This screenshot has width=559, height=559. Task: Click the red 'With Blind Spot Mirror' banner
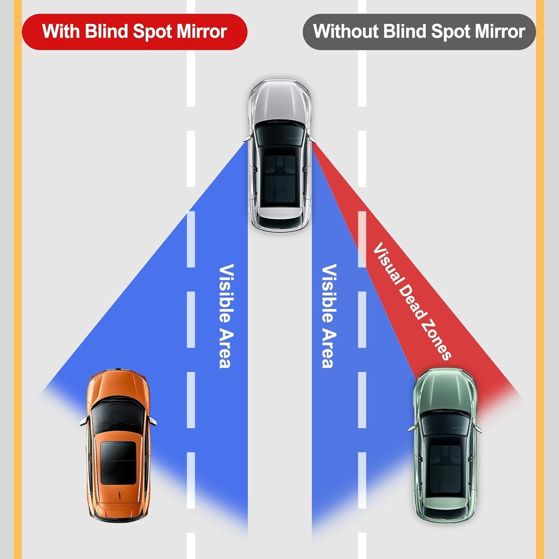(134, 32)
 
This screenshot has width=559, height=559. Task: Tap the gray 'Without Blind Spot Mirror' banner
(419, 32)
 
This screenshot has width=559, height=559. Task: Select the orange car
(118, 445)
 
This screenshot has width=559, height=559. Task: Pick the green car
(445, 445)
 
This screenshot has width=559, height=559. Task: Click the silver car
(279, 155)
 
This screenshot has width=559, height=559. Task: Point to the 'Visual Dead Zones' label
(412, 301)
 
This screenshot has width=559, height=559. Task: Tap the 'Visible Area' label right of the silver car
(329, 316)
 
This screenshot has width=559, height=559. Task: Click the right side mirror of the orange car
(153, 421)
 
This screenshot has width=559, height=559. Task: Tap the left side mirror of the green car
(411, 428)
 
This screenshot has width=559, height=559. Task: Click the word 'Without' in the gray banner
(345, 32)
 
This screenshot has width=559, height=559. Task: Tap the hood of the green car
(445, 391)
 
